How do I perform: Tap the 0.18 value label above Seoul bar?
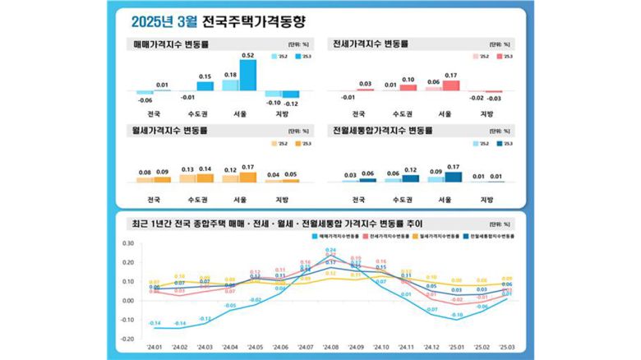tap(230, 75)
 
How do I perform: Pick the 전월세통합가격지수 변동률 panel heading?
tap(378, 129)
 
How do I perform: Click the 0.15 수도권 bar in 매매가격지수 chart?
tap(205, 85)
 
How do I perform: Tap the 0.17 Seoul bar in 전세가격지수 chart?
tap(450, 85)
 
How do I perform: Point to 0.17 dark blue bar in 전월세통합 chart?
tap(450, 176)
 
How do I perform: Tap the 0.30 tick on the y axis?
tap(127, 243)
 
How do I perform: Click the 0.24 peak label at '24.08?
tap(330, 250)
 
